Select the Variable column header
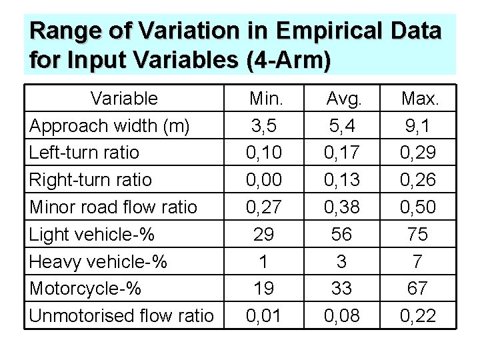pyautogui.click(x=124, y=99)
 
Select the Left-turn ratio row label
pyautogui.click(x=83, y=153)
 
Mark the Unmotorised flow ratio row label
pyautogui.click(x=120, y=315)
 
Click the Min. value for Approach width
pyautogui.click(x=263, y=125)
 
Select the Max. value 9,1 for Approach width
pyautogui.click(x=418, y=125)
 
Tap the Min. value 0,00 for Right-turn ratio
pyautogui.click(x=263, y=180)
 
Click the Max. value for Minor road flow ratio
pyautogui.click(x=418, y=207)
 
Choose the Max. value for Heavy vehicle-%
pyautogui.click(x=418, y=261)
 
